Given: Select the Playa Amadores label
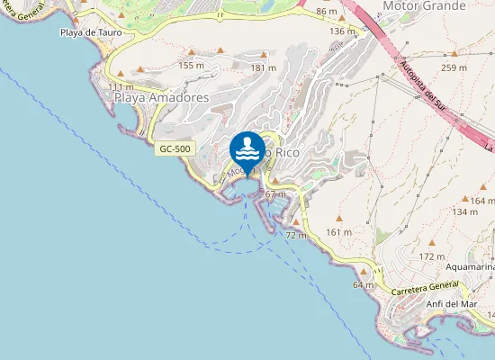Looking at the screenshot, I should click(x=160, y=97).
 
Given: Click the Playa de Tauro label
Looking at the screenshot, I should click(x=90, y=33).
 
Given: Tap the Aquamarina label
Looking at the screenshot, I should click(x=470, y=266).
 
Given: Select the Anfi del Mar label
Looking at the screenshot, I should click(x=450, y=303).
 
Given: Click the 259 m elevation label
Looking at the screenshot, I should click(x=454, y=67).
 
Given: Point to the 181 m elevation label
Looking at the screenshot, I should click(x=263, y=67).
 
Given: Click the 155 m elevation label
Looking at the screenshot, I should click(x=192, y=65).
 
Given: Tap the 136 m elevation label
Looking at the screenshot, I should click(x=343, y=31).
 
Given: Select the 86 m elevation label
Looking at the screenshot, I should click(x=327, y=12).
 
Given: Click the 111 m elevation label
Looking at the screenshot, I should click(x=120, y=87).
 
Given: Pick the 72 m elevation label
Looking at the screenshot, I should click(x=296, y=235).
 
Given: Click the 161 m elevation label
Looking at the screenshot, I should click(x=338, y=232).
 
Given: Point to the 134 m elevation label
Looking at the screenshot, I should click(x=465, y=212).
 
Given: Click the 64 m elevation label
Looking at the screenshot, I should click(x=364, y=284).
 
